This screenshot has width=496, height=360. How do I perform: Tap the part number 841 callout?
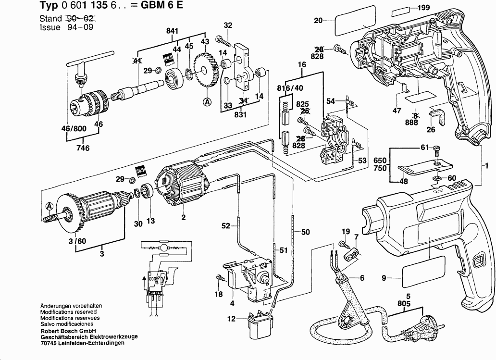pos(172,31)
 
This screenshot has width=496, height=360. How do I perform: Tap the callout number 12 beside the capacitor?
pos(232,318)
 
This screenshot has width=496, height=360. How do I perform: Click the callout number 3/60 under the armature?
pos(77,241)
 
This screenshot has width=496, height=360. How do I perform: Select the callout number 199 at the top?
pos(423,8)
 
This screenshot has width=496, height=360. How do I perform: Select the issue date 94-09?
pos(79,27)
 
